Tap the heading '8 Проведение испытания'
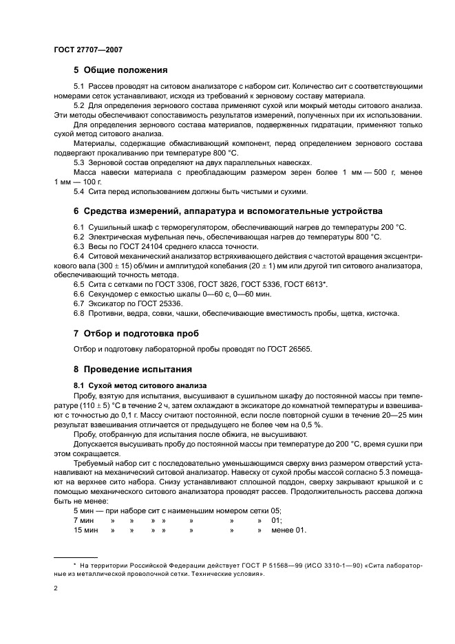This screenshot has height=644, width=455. (x=127, y=369)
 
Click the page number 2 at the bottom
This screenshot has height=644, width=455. (x=55, y=589)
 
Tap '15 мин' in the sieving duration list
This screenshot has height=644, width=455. (x=87, y=530)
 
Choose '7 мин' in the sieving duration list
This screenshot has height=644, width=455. (x=85, y=521)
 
